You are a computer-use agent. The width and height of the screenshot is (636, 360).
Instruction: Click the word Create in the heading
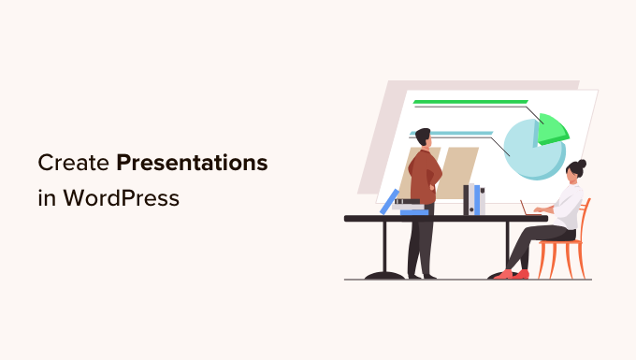point(74,164)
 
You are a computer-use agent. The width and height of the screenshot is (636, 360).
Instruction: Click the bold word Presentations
point(192,164)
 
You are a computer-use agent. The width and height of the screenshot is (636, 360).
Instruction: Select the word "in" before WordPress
point(46,197)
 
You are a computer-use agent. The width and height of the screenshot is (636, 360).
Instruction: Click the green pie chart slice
point(553,127)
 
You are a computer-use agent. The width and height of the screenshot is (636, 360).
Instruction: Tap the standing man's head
point(423,137)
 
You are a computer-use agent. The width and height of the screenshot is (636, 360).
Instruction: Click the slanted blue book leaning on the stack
point(388,201)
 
